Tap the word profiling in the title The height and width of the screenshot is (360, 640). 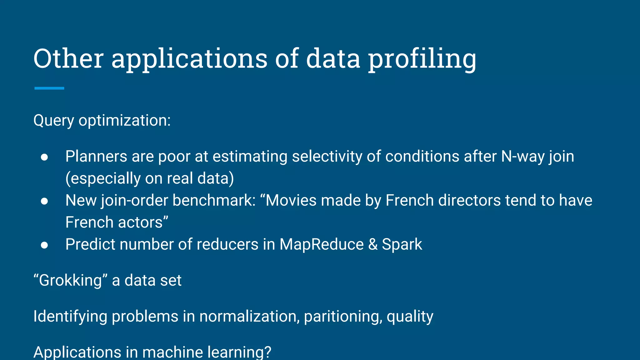tap(422, 59)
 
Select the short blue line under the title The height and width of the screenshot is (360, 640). tap(49, 88)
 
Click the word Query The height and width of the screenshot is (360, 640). tap(54, 121)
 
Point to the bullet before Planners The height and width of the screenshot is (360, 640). tap(44, 157)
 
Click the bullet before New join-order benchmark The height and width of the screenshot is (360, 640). tap(44, 201)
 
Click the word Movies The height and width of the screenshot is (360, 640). tap(291, 200)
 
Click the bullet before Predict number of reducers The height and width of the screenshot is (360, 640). tap(44, 245)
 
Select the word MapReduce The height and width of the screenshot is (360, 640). tap(322, 244)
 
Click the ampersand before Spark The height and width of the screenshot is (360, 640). tap(373, 244)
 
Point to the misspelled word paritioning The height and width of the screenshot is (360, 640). tap(343, 317)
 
